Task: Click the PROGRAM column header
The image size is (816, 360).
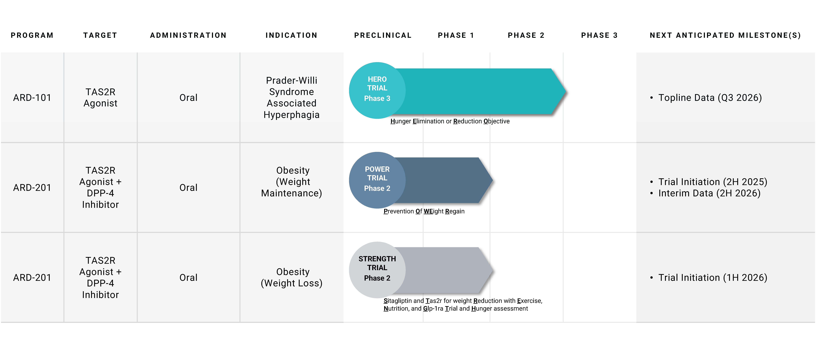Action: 32,35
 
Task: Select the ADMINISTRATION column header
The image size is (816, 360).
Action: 188,35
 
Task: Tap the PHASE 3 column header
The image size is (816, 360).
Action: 599,35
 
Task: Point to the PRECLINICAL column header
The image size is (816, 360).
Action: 383,35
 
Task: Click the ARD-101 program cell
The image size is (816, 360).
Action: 32,97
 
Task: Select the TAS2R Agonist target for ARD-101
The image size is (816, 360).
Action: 100,97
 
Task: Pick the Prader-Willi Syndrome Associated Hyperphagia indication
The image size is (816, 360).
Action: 291,97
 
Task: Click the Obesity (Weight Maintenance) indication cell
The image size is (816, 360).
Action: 291,182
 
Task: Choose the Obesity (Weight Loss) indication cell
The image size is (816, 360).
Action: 291,277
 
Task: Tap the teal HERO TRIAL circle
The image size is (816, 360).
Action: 377,91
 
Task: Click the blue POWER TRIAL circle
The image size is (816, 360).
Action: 377,180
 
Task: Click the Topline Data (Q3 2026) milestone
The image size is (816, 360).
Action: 710,97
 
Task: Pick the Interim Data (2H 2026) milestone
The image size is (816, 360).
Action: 709,193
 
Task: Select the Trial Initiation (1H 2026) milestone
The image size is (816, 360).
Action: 713,277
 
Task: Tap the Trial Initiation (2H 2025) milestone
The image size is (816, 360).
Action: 713,182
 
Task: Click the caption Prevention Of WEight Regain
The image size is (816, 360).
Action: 424,211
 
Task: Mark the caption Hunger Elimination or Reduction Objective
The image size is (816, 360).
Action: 450,121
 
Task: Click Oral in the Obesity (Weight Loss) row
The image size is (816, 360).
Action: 188,277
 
